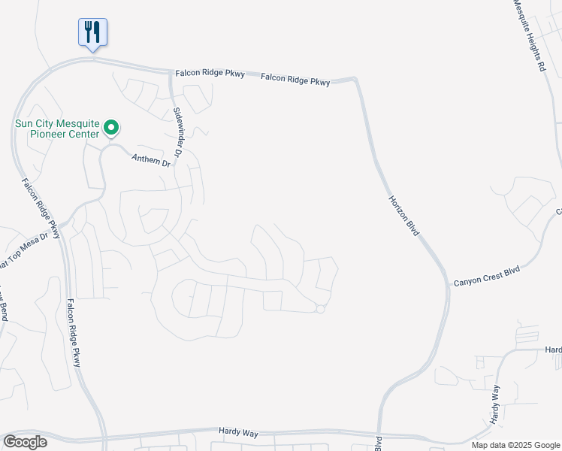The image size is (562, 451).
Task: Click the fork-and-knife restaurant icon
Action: coord(92,32)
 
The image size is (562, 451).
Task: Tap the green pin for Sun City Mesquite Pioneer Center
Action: coord(111,128)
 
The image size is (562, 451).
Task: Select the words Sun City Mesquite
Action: coord(59,123)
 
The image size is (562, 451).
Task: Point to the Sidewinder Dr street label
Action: coord(178,132)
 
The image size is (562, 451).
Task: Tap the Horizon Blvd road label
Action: coord(403,217)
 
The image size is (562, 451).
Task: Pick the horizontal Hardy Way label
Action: coord(239,431)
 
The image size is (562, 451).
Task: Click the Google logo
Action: coord(25,442)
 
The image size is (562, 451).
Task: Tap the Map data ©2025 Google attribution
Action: coord(515,445)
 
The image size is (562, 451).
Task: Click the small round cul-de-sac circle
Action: coord(320,309)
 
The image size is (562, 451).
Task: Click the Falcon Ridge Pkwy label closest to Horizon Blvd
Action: coord(296,79)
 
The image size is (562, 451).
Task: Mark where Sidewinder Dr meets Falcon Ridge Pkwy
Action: coord(172,73)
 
